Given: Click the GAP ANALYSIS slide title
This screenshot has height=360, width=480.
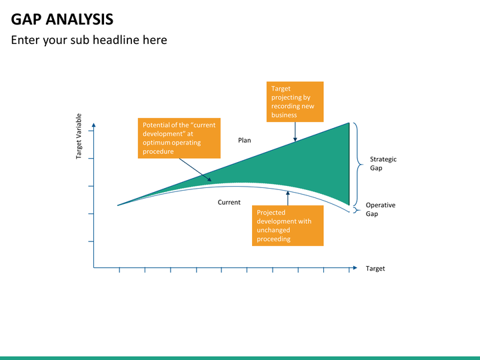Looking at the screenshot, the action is pos(62,19).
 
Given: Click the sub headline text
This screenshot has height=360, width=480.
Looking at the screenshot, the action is pos(89,40).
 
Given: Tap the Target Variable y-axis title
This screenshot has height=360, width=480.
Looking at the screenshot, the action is pos(79,136).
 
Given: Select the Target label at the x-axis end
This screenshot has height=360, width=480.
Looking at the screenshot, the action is pos(375,269).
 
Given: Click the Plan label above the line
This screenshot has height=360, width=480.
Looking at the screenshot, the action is pos(245,140).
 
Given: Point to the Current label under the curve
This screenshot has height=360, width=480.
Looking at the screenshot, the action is pos(229,203).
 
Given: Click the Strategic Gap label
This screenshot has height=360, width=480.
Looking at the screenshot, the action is pos(383,163).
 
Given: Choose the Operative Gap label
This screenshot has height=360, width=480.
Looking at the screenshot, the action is pos(381,209).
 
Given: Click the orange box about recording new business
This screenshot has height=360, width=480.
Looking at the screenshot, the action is pos(295,101).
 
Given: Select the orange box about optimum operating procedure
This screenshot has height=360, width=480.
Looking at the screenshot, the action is pos(179,138).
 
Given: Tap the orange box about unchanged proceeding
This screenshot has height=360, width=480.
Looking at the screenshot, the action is pos(288,225).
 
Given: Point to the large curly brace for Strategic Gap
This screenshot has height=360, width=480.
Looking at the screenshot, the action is pos(358,165).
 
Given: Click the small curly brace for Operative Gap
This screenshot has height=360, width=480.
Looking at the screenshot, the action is pos(357,210).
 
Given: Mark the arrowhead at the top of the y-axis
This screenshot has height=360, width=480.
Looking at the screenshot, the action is pos(94,125).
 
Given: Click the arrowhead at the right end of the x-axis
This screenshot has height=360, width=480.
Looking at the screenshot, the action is pos(355,268).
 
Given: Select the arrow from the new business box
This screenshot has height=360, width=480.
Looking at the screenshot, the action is pos(295,131).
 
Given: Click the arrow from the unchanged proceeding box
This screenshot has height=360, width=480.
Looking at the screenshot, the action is pos(288,198).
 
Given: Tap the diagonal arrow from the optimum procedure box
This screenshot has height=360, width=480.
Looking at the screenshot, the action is pos(195,170).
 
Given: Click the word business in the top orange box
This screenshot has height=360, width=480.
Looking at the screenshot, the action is pos(284,115).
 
